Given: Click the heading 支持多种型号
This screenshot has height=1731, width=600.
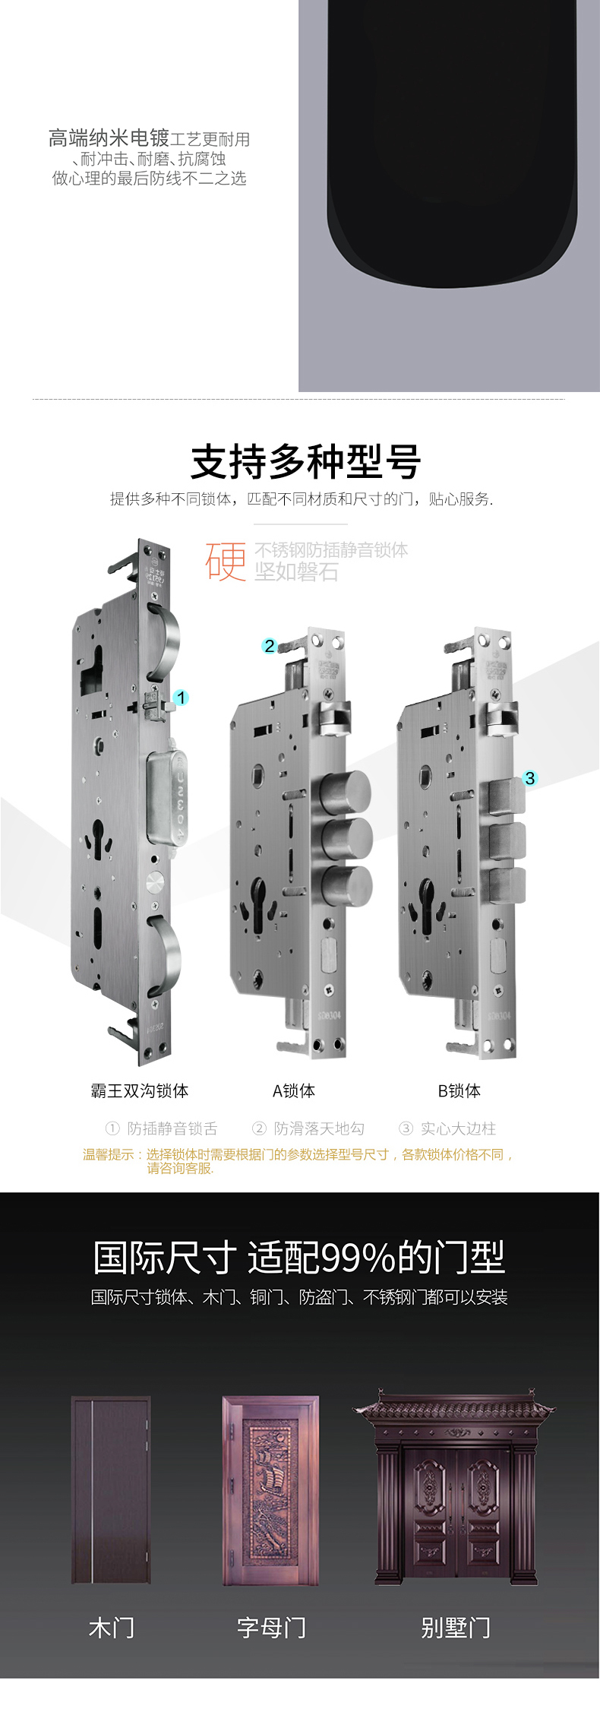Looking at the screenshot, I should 305,462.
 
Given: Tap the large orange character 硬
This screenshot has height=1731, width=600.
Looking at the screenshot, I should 226,562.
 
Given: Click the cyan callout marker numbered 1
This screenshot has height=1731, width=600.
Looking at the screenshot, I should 181,698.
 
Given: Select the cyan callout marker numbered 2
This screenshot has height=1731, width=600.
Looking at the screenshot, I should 270,646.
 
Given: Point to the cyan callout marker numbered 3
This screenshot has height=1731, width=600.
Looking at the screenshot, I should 530,778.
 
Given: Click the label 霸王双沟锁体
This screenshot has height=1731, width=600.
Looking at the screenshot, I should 140,1091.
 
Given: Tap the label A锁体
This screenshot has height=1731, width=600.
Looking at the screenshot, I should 294,1091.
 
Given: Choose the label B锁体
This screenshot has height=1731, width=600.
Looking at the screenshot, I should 459,1091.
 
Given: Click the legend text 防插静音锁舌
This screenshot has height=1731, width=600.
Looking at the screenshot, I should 172,1128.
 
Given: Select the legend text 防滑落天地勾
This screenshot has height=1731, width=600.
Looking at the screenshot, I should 318,1128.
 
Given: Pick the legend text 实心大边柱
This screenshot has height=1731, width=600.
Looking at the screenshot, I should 457,1128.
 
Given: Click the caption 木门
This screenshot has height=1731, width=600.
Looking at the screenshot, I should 112,1628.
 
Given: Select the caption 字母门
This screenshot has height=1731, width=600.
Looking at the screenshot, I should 271,1628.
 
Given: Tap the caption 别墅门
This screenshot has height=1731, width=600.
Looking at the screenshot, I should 456,1628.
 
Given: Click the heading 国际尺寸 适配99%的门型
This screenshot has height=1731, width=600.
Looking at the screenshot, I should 299,1258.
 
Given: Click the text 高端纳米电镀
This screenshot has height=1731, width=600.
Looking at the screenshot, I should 109,138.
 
